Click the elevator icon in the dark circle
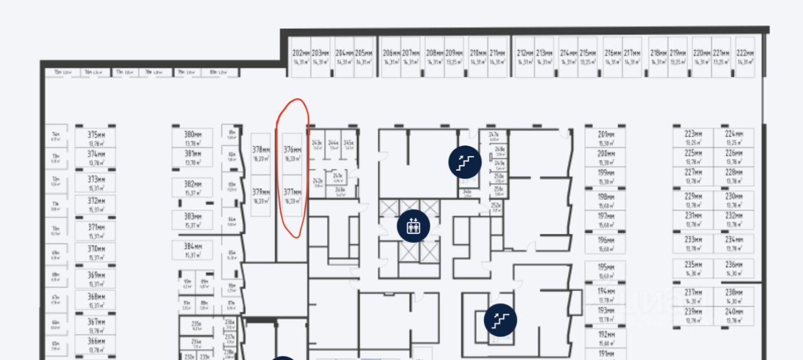(x=413, y=226)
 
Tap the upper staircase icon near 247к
(x=464, y=162)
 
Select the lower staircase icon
(x=500, y=320)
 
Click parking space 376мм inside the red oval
(x=292, y=154)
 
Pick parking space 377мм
(x=292, y=196)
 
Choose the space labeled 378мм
(x=261, y=154)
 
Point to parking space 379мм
(x=261, y=196)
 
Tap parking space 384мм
(x=193, y=250)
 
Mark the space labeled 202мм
(x=301, y=57)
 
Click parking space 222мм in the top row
(x=745, y=57)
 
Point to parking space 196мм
(x=605, y=244)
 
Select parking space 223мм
(x=693, y=137)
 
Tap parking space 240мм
(x=733, y=315)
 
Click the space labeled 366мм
(x=96, y=344)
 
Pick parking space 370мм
(x=96, y=252)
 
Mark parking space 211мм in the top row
(x=497, y=57)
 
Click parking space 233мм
(x=693, y=243)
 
